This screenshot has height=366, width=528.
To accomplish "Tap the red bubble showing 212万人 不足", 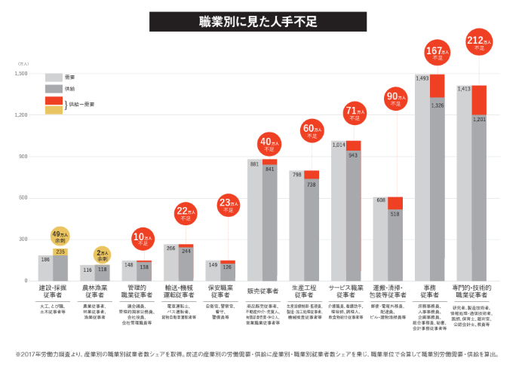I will coord(477,44).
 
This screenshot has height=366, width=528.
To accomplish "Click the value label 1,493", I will coord(422,78).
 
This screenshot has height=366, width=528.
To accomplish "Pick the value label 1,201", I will coord(478,119).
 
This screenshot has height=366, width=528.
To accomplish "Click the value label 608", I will coord(381,200).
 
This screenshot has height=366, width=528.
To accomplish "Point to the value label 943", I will coord(353,154).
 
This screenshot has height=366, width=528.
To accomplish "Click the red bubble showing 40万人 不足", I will coord(269,143).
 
